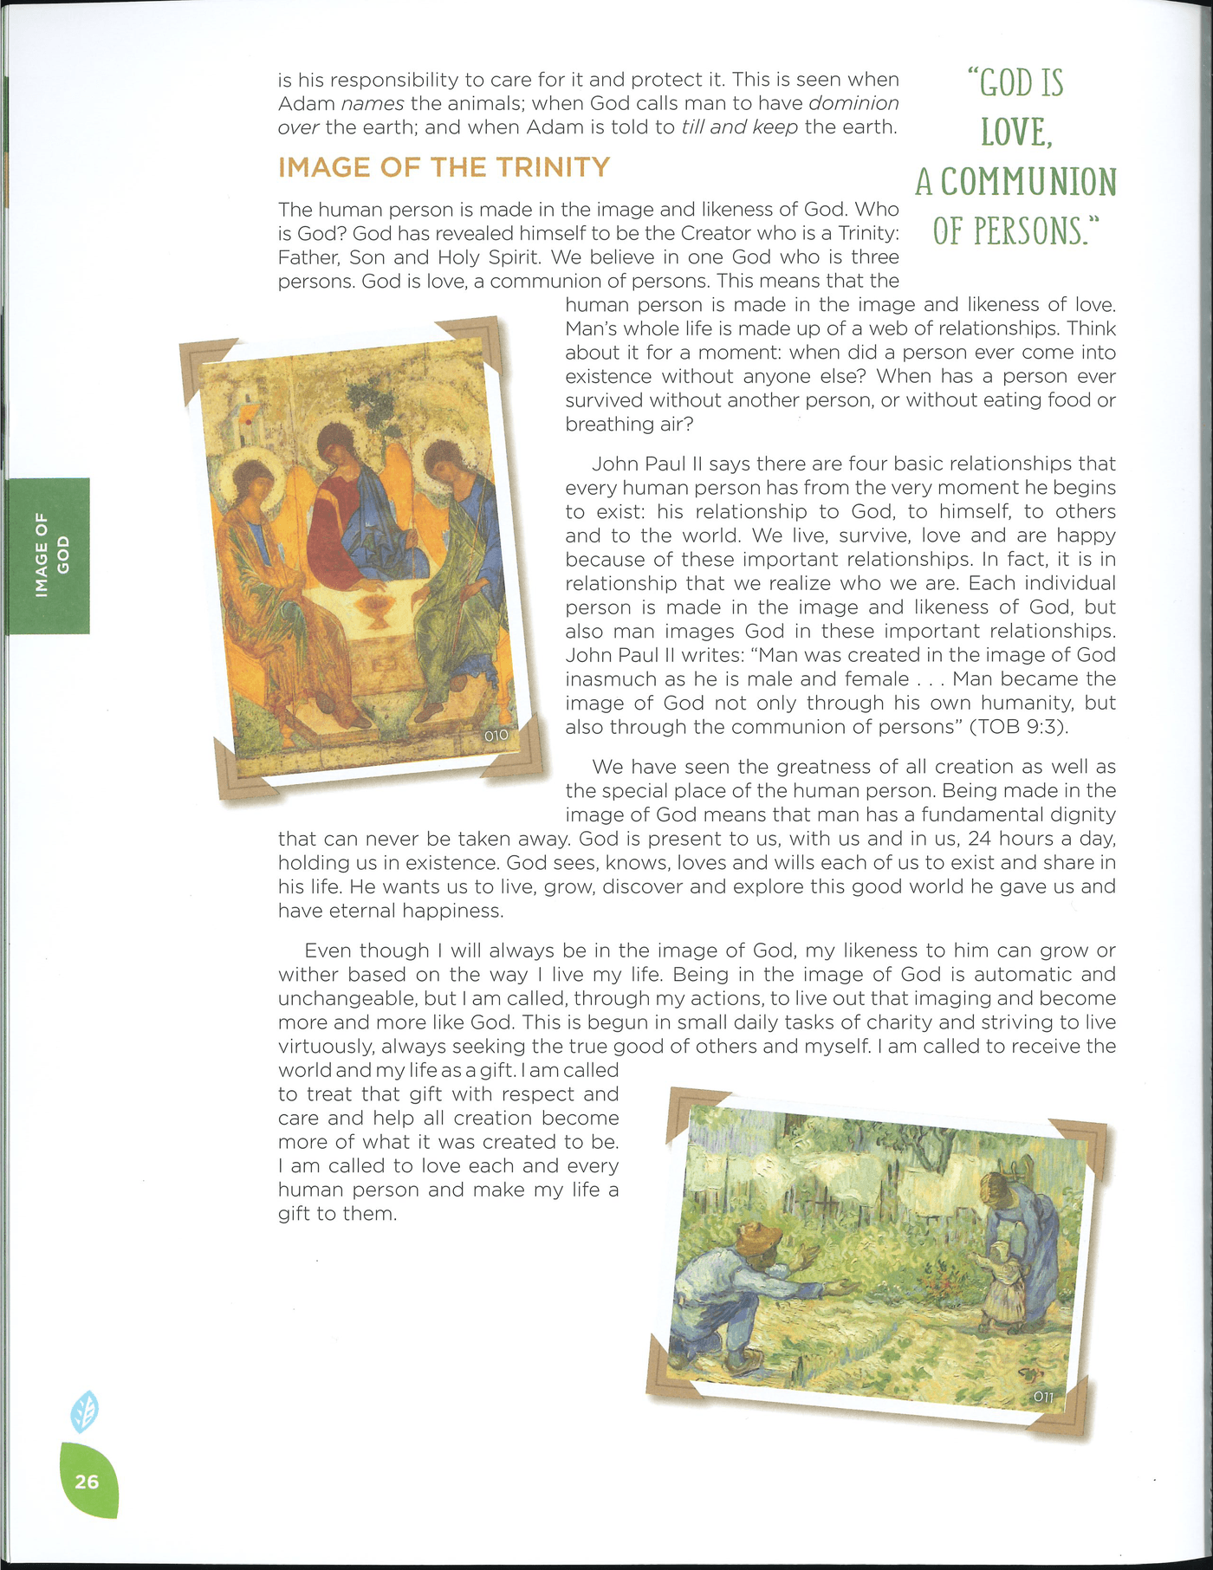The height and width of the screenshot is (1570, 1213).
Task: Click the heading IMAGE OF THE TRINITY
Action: (444, 167)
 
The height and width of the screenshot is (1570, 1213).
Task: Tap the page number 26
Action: (87, 1481)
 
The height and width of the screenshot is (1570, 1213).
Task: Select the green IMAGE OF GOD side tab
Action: (49, 555)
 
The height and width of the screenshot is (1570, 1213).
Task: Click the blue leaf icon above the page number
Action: (84, 1411)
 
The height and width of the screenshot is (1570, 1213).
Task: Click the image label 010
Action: (496, 736)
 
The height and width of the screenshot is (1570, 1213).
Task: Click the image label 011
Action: (1043, 1397)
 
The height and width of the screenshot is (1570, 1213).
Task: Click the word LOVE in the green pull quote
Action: (1015, 133)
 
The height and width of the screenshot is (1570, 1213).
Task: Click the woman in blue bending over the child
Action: (1022, 1213)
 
